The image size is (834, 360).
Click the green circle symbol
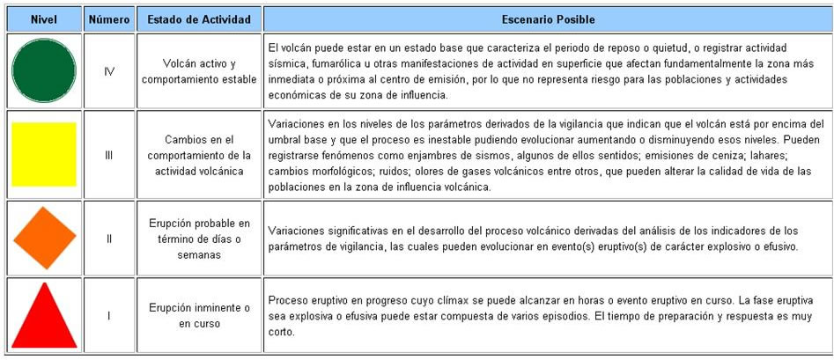click(x=44, y=71)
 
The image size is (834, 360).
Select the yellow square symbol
click(x=44, y=154)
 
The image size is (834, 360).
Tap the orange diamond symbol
click(x=44, y=237)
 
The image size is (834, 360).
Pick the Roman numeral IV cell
click(x=109, y=71)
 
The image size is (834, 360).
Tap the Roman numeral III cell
click(x=109, y=155)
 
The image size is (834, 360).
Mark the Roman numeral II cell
click(x=109, y=238)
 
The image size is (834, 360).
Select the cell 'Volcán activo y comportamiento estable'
click(x=199, y=71)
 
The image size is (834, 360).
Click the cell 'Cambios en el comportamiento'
click(x=199, y=155)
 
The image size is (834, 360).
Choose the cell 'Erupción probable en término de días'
click(x=199, y=238)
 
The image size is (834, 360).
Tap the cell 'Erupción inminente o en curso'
click(x=199, y=314)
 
